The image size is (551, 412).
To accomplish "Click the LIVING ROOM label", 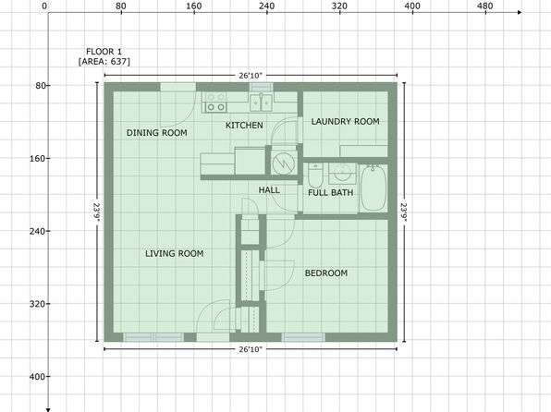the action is (175, 253).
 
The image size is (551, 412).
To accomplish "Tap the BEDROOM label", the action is (326, 273).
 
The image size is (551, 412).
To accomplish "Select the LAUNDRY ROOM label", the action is (346, 122).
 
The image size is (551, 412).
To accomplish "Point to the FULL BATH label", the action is (331, 192).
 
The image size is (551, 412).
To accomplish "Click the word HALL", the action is (269, 190).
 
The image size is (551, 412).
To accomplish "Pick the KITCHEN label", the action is (244, 125).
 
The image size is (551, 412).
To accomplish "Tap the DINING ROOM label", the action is (157, 133).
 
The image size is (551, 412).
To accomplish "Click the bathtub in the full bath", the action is (373, 188).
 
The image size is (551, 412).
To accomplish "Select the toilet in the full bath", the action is (315, 176).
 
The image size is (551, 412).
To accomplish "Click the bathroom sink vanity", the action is (342, 173).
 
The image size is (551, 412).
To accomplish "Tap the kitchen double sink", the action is (261, 103).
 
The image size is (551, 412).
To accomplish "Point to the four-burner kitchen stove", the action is (215, 102).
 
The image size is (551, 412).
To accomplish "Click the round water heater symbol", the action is (283, 164).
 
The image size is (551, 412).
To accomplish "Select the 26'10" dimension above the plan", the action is (251, 76).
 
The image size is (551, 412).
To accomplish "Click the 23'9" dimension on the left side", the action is (97, 212).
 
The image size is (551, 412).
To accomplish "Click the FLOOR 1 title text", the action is (104, 52).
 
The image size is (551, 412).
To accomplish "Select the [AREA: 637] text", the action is (104, 62).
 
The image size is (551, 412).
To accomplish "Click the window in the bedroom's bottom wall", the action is (303, 337).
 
